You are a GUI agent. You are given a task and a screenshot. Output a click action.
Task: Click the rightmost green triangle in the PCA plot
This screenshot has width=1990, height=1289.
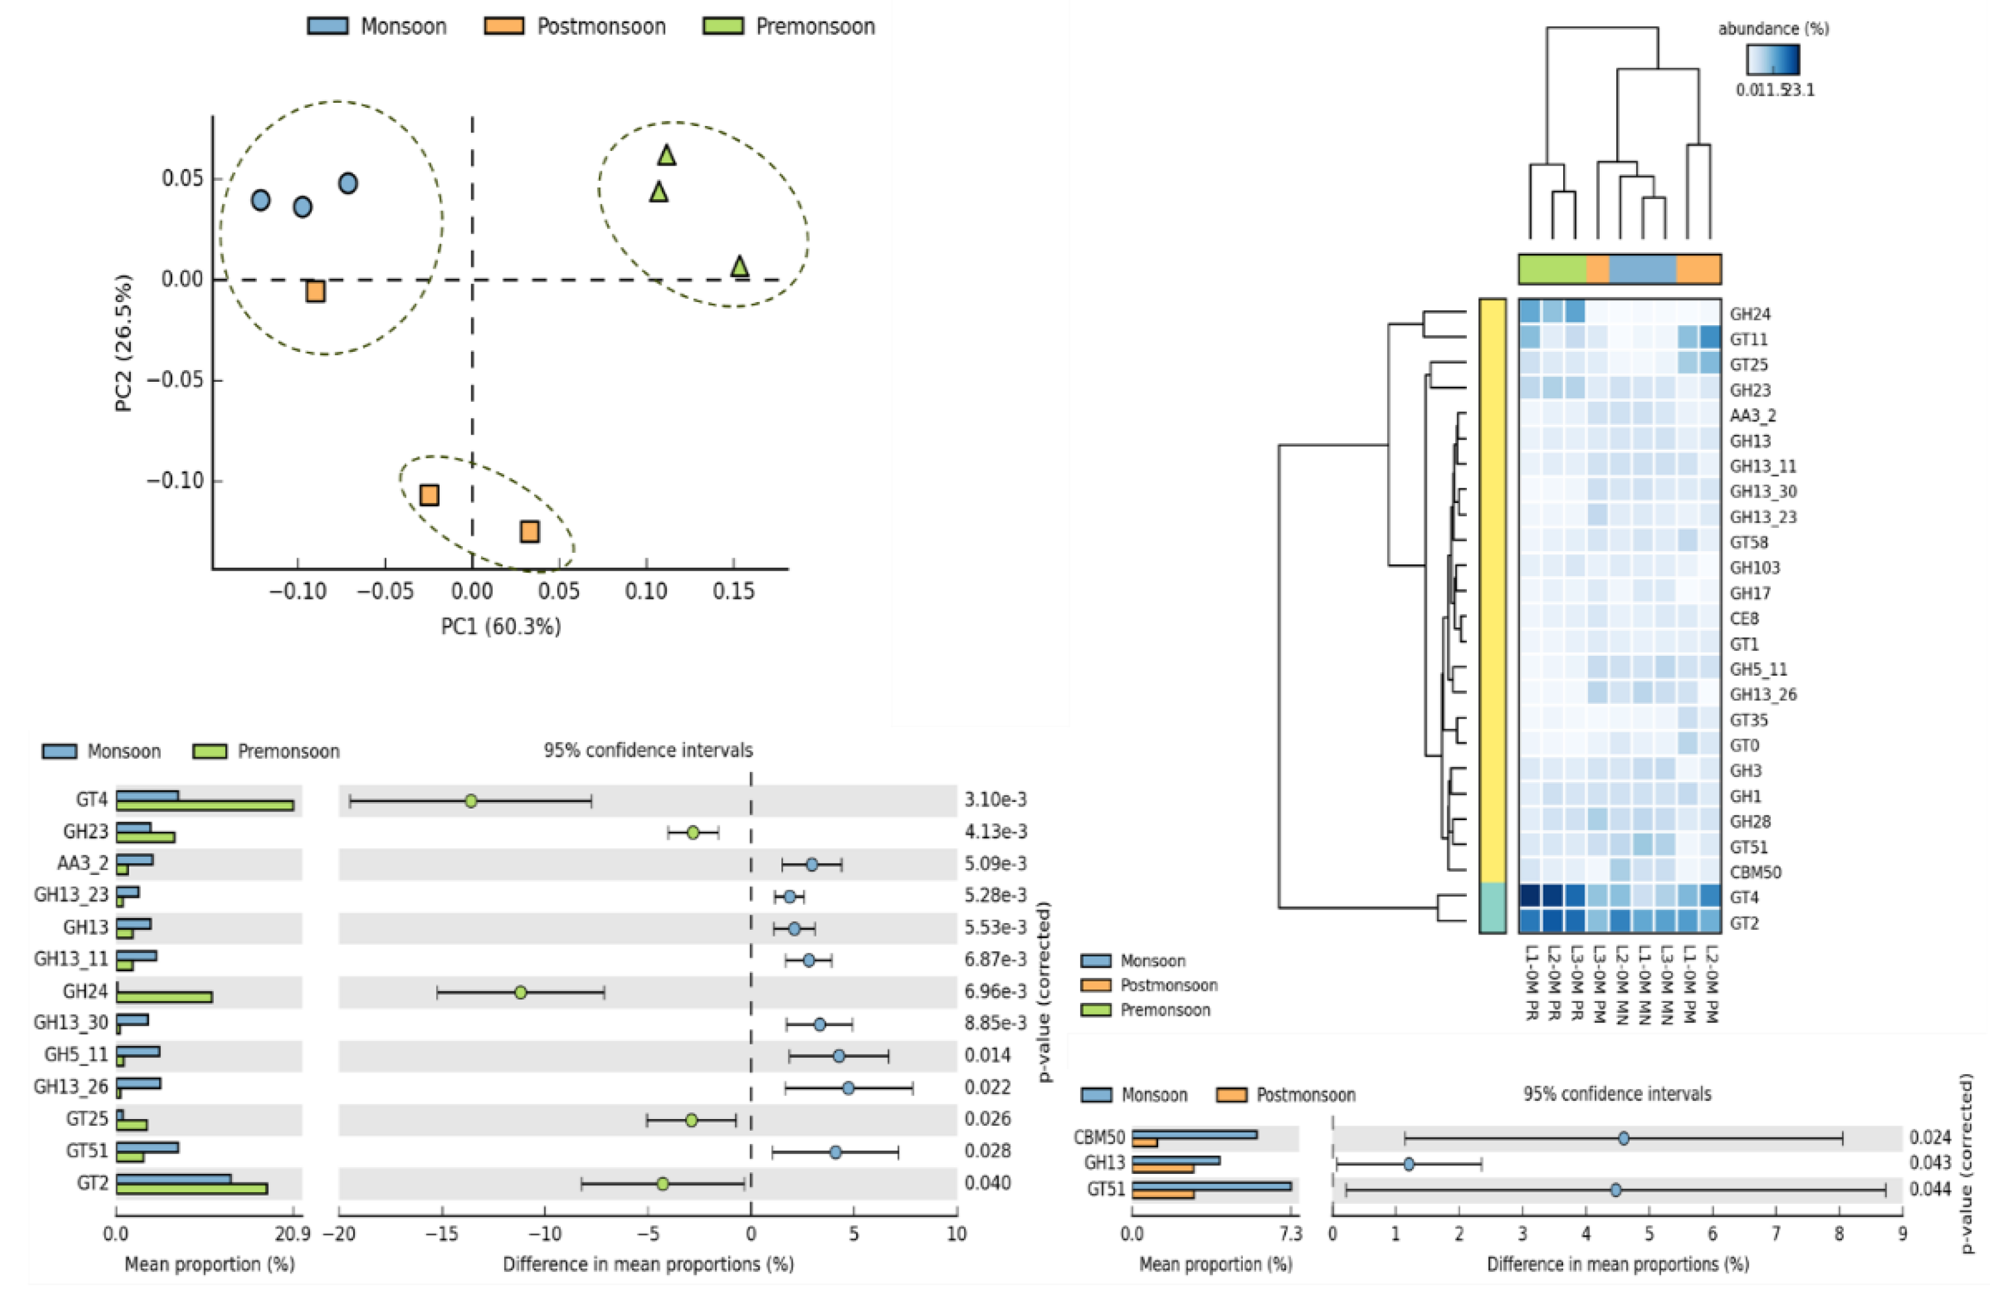tap(739, 267)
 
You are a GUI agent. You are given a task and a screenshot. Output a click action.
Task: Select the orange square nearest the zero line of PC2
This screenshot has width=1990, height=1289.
tap(315, 291)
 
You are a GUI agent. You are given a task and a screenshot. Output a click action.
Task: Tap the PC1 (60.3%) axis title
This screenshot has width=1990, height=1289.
tap(501, 626)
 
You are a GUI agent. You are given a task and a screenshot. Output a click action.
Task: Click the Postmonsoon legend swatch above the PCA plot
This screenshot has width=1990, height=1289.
tap(504, 26)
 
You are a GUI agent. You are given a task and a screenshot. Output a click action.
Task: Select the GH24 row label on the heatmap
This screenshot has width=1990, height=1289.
tap(1750, 314)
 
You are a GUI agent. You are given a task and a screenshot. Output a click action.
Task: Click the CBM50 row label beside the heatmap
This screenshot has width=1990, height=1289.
tap(1755, 872)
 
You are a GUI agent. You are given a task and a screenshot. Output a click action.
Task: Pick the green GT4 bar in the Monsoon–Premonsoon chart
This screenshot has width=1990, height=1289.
tap(205, 806)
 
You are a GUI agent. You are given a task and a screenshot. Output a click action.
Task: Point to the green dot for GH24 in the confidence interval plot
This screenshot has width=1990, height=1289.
tap(520, 992)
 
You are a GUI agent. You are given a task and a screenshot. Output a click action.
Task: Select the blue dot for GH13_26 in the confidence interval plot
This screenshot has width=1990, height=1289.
tap(848, 1087)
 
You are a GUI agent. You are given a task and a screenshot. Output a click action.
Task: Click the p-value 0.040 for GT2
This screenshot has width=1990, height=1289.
tap(988, 1183)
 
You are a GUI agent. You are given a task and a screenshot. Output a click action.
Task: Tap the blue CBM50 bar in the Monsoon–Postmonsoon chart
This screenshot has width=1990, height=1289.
tap(1194, 1134)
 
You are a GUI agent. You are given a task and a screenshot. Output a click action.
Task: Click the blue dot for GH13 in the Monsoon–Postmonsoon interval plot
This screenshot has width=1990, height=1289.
tap(1409, 1164)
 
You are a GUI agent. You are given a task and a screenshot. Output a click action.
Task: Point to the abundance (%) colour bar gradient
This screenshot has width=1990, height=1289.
tap(1773, 59)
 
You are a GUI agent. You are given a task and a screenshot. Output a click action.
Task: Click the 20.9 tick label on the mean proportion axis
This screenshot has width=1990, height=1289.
tap(293, 1234)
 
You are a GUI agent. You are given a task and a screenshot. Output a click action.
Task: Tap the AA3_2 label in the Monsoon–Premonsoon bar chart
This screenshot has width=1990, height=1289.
tap(83, 863)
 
